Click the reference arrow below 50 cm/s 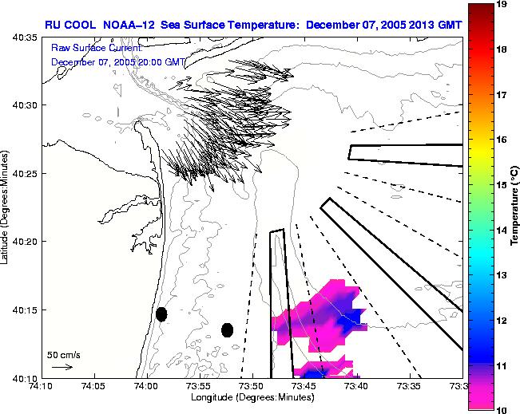coord(62,367)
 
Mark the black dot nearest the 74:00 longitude coord(161,314)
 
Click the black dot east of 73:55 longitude coord(227,329)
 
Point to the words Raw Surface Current coord(96,49)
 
